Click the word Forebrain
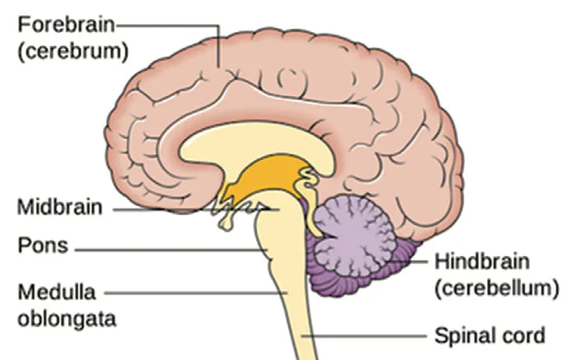tap(65, 23)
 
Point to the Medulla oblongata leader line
tap(195, 293)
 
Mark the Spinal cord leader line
tap(367, 337)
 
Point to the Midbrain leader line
tap(187, 209)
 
